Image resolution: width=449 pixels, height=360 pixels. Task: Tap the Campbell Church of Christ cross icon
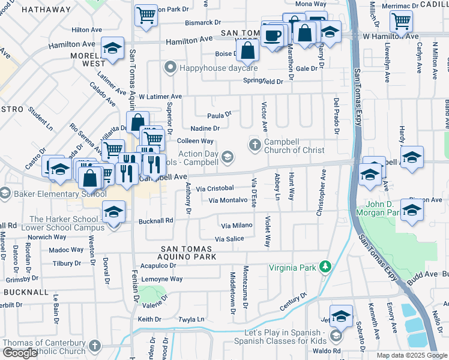pos(255,145)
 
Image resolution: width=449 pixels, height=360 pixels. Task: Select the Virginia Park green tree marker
pos(325,265)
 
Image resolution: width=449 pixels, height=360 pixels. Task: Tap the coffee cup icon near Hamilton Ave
pos(273,37)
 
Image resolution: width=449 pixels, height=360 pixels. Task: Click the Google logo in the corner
pos(20,353)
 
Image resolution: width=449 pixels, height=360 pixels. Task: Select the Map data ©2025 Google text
pos(412,355)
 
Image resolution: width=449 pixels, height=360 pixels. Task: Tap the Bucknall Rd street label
pos(155,220)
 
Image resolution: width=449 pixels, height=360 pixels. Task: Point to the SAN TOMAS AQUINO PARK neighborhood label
pos(185,253)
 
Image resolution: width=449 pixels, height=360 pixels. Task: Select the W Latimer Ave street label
pos(160,96)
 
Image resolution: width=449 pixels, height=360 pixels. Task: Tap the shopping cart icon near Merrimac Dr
pos(401,21)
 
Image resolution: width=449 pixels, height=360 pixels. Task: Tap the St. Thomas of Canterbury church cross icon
pos(95,346)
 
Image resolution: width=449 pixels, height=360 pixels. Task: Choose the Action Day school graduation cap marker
pos(227,157)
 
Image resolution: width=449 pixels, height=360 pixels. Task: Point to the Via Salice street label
pos(229,239)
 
